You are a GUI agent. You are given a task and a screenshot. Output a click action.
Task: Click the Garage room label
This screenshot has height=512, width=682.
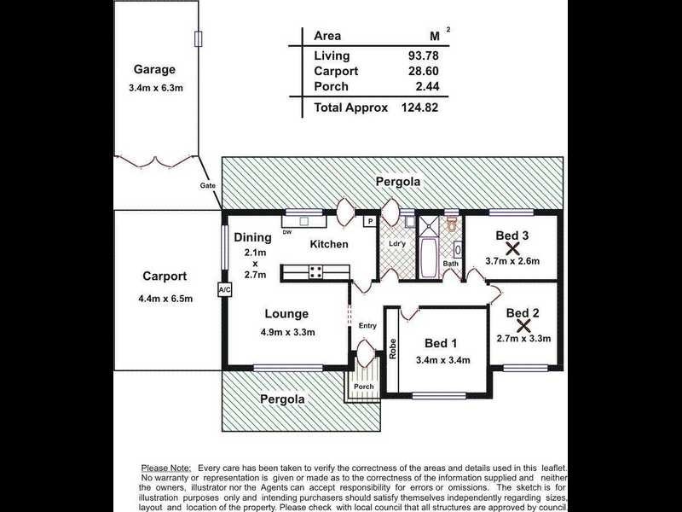[x=154, y=70]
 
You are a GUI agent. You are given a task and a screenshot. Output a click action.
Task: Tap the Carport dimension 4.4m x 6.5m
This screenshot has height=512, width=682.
[x=165, y=299]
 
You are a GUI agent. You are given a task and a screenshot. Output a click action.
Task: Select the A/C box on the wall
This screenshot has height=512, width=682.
[x=224, y=289]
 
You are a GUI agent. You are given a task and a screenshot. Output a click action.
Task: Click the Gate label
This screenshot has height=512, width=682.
[x=208, y=185]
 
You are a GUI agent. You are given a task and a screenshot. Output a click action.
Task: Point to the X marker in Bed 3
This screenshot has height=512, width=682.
[x=513, y=248]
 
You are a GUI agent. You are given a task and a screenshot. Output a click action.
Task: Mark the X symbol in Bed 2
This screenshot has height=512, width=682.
[x=524, y=326]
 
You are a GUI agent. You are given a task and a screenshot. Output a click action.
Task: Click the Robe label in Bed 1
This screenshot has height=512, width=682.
[x=393, y=349]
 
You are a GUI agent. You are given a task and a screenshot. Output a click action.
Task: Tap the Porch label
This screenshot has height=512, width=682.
[x=364, y=387]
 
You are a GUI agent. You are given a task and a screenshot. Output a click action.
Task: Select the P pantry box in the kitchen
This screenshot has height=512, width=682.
[x=370, y=222]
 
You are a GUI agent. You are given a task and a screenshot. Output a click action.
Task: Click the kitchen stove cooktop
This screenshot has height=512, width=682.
[x=315, y=271]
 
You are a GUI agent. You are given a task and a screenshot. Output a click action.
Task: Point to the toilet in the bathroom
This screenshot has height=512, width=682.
[x=452, y=224]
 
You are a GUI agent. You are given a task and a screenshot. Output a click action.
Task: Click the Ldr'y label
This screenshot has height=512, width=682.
[x=396, y=244]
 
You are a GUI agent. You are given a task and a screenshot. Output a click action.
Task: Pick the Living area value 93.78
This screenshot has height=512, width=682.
[x=423, y=55]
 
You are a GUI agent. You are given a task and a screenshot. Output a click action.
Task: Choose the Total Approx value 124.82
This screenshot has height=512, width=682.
[x=419, y=108]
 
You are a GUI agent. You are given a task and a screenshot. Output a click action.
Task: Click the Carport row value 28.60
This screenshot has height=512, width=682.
[x=423, y=71]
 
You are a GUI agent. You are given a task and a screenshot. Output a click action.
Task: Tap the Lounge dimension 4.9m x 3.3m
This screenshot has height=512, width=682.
[x=288, y=332]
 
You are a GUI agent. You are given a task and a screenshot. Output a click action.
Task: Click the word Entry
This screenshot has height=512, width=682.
[x=367, y=326]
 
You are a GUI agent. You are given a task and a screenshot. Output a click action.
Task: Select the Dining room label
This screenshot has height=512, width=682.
[x=252, y=238]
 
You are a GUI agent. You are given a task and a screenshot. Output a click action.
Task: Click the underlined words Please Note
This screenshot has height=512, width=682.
[x=166, y=468]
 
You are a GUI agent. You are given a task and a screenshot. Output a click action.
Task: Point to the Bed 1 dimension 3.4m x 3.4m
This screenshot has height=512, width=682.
[x=442, y=360]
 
